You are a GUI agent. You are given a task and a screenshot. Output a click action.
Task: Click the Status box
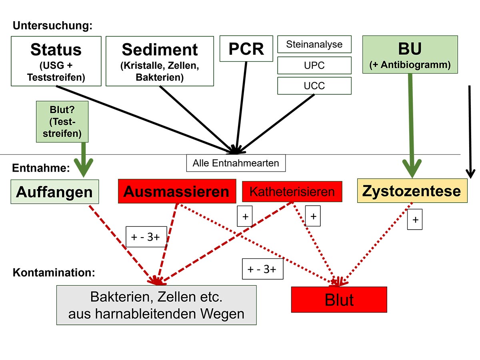pyautogui.click(x=56, y=61)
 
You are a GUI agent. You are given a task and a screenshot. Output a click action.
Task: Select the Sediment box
pyautogui.click(x=160, y=61)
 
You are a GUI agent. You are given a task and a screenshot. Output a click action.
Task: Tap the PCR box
pyautogui.click(x=246, y=48)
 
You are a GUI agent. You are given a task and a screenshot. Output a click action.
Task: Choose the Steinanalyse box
pyautogui.click(x=314, y=44)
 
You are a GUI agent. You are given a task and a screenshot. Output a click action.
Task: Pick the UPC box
pyautogui.click(x=314, y=65)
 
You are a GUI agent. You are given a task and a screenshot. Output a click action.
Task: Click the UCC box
pyautogui.click(x=314, y=86)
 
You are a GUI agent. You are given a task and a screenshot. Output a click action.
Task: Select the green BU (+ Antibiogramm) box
pyautogui.click(x=410, y=54)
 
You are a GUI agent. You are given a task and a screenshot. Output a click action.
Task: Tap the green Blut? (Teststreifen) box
pyautogui.click(x=62, y=121)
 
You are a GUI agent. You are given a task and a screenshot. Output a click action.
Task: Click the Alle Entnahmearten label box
pyautogui.click(x=236, y=163)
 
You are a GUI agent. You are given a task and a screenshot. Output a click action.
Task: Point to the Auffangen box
pyautogui.click(x=54, y=192)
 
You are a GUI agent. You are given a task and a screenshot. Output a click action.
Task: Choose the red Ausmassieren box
pyautogui.click(x=176, y=191)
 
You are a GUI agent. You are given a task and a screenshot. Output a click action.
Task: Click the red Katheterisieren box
pyautogui.click(x=292, y=191)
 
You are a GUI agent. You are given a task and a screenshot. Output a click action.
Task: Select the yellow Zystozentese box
pyautogui.click(x=412, y=191)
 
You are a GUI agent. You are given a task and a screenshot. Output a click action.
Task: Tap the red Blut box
pyautogui.click(x=339, y=299)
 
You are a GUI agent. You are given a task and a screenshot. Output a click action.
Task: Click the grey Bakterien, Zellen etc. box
pyautogui.click(x=156, y=305)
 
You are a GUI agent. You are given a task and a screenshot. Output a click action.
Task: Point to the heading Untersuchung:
pyautogui.click(x=52, y=26)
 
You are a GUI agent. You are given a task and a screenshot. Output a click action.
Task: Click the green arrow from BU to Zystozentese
pyautogui.click(x=411, y=124)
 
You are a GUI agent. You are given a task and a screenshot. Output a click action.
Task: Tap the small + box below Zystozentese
pyautogui.click(x=415, y=220)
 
